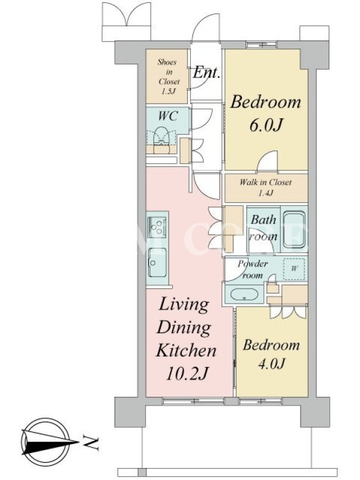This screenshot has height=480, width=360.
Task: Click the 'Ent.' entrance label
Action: click(207, 73)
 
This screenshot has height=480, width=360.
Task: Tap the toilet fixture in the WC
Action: click(161, 140)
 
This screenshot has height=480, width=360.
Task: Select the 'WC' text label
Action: click(168, 116)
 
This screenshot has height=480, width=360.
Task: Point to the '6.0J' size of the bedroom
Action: click(266, 125)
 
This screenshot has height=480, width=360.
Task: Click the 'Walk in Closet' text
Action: click(265, 182)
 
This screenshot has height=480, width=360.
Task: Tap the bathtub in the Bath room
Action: click(294, 229)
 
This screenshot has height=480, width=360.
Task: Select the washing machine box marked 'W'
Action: click(294, 269)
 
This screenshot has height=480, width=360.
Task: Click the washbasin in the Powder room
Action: click(244, 295)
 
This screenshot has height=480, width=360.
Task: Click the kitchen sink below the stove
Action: click(157, 262)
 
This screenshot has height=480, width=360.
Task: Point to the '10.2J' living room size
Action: click(187, 373)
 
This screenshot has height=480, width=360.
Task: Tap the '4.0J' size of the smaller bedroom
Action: click(271, 364)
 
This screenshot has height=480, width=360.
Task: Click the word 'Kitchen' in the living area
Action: click(186, 350)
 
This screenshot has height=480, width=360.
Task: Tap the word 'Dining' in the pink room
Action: click(184, 329)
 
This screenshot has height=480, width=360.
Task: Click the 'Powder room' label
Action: click(252, 269)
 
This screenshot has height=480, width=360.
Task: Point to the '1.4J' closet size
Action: click(265, 193)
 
